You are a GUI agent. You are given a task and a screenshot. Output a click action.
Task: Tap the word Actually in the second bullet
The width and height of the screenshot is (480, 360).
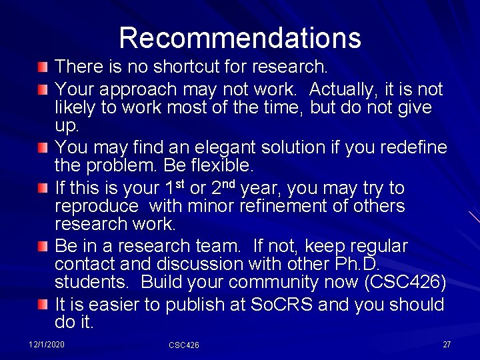point(345,89)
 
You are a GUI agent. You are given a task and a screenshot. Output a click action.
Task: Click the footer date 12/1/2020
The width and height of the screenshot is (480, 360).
point(47,344)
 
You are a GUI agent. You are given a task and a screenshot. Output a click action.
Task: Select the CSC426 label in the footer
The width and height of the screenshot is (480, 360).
point(184,345)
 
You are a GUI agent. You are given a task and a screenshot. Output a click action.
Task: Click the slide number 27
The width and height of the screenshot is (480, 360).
point(447,344)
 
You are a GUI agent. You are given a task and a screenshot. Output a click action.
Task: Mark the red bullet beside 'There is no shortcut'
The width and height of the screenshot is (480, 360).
point(43,67)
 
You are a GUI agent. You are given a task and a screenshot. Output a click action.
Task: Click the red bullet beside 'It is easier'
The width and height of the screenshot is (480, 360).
point(43,305)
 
